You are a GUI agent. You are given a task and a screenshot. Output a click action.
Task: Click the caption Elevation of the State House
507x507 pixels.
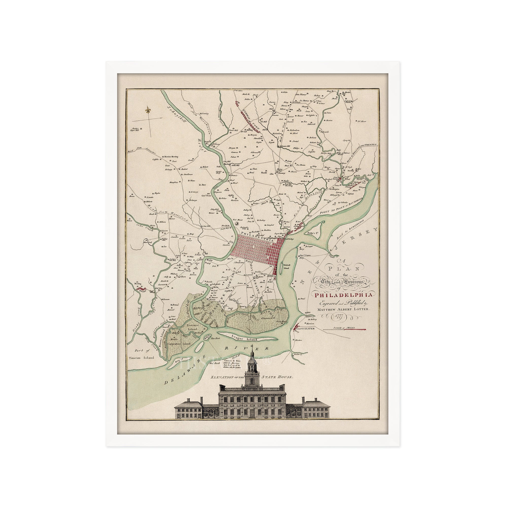click(252, 384)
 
